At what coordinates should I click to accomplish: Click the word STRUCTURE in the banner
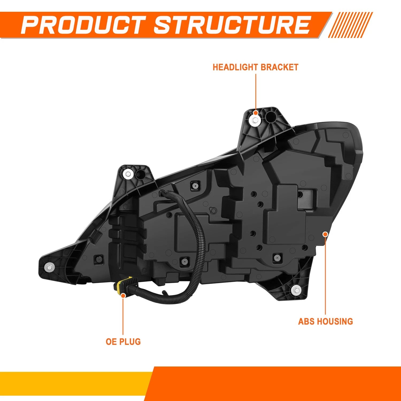232,25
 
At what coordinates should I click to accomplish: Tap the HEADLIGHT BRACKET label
255,67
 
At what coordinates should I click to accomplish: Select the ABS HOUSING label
325,321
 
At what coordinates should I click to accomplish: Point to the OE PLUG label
123,342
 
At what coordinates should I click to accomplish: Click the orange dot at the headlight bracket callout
256,113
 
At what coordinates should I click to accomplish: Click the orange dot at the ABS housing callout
325,234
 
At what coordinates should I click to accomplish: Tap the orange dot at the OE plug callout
123,295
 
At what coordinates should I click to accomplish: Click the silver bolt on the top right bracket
255,120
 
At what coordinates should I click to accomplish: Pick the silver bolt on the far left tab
49,267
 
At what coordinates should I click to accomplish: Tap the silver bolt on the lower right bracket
295,290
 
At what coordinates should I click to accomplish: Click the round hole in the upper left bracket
140,175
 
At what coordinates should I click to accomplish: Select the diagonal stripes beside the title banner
350,25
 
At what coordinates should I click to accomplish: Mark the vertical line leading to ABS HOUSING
325,276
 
